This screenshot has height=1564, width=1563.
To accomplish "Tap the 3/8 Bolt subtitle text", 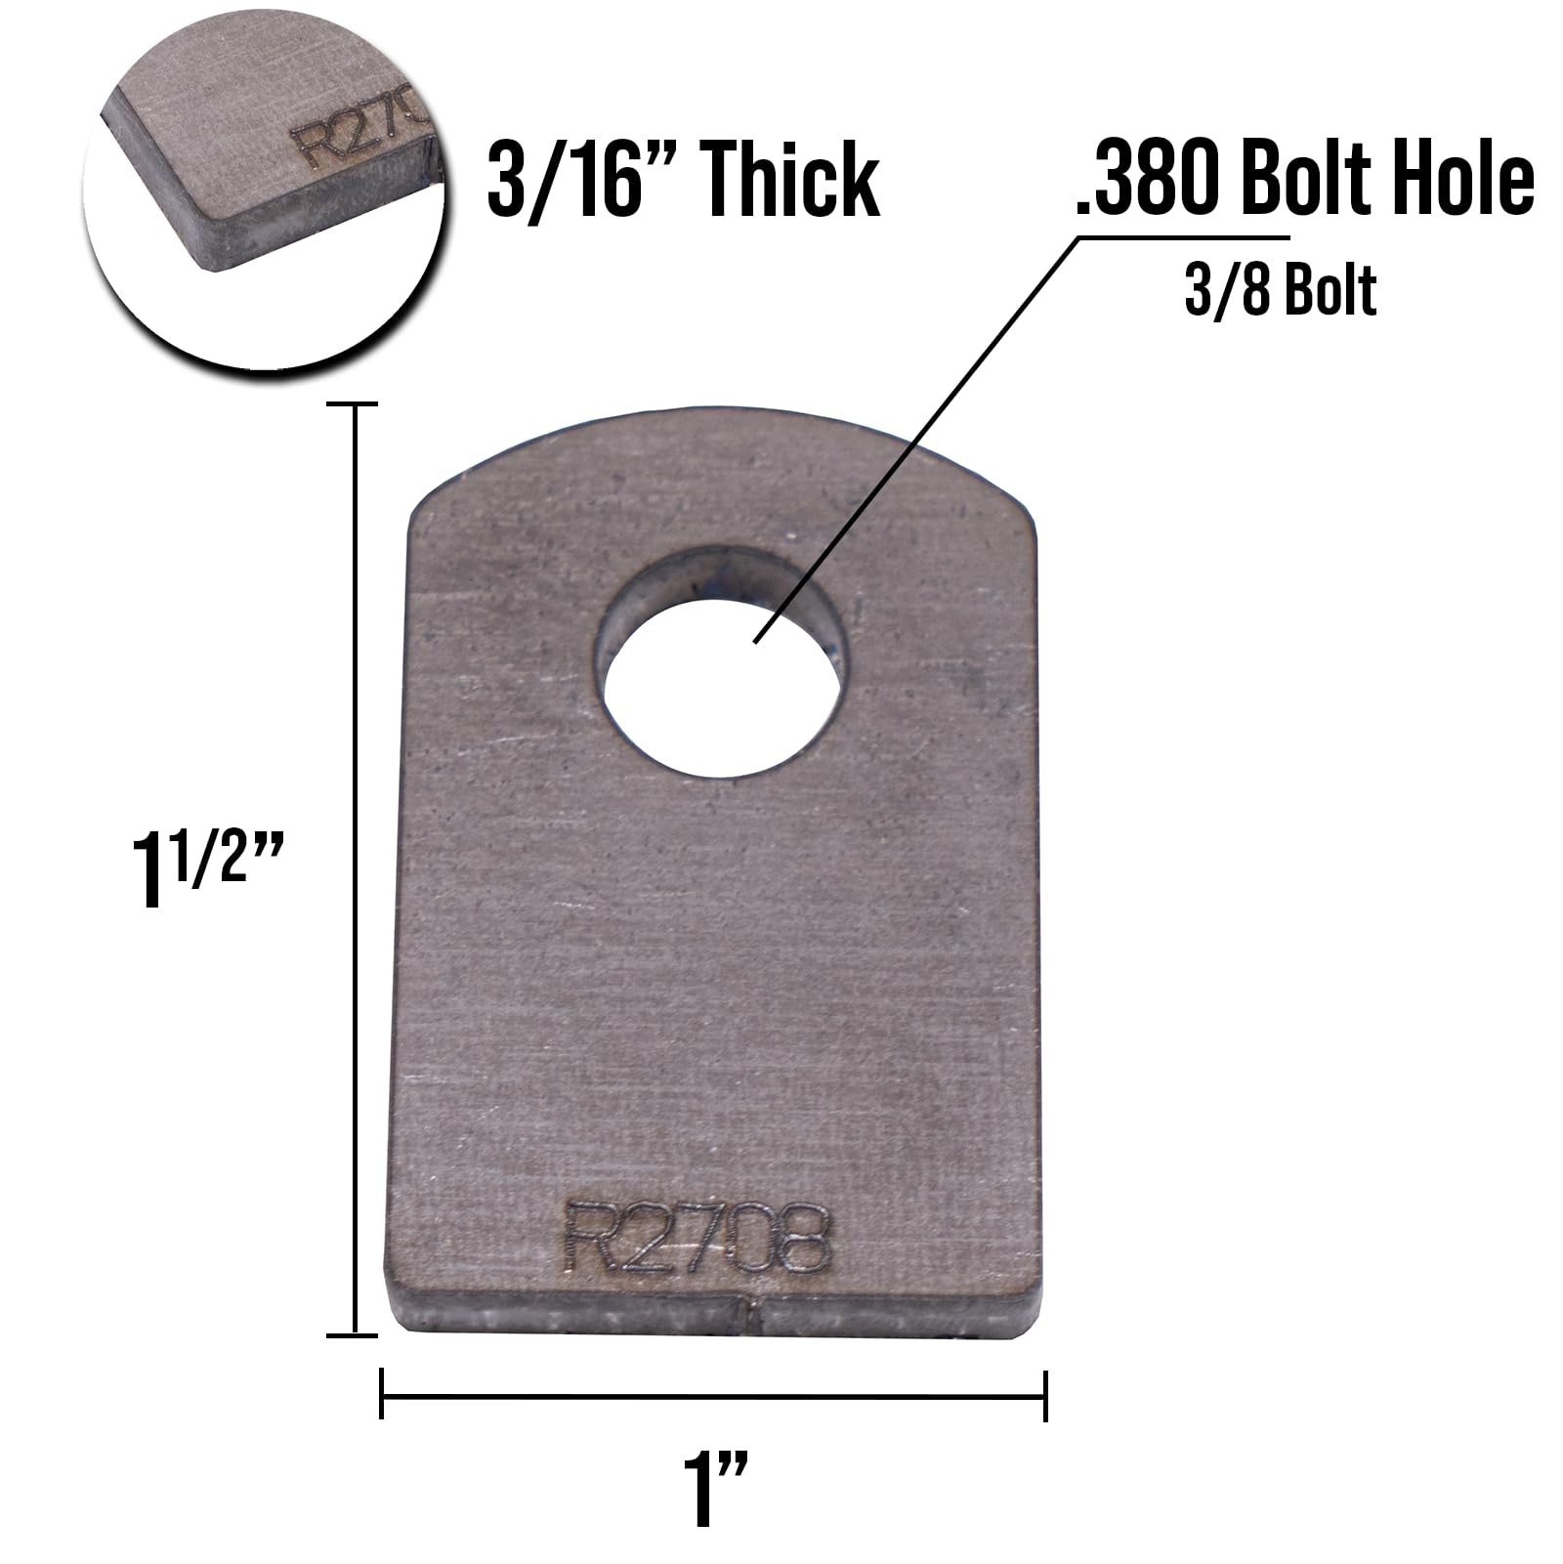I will tap(1280, 290).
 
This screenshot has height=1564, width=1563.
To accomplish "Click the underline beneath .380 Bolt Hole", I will tap(1182, 237).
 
